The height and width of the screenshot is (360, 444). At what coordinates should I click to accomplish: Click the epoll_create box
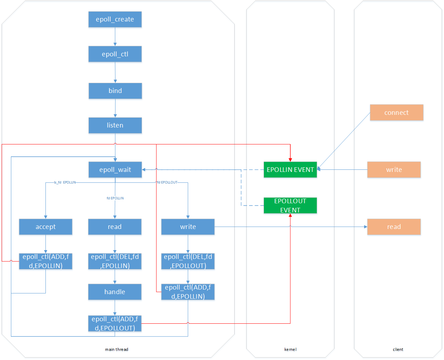(115, 19)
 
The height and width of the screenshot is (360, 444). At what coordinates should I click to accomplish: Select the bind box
(115, 91)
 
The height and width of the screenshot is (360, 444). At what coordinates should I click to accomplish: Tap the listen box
(115, 125)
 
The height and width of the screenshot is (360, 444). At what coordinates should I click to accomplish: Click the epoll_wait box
(115, 169)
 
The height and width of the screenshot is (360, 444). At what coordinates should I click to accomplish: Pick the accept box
(46, 226)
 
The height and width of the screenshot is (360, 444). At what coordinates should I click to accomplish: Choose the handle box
(115, 292)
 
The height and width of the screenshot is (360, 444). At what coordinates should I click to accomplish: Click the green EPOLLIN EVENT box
(290, 169)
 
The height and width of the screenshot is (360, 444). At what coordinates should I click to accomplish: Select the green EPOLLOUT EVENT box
(290, 205)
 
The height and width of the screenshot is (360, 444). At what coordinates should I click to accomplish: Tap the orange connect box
(396, 112)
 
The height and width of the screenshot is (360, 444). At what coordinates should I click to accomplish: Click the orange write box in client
(394, 169)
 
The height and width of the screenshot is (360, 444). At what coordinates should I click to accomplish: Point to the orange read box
(394, 226)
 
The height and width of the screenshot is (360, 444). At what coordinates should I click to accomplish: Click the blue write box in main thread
(188, 226)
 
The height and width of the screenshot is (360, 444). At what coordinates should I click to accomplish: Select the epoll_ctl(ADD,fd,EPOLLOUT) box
(115, 323)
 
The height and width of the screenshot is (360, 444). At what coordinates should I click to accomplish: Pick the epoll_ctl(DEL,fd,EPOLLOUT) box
(188, 261)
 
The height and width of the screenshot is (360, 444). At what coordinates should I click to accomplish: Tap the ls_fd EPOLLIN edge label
(65, 182)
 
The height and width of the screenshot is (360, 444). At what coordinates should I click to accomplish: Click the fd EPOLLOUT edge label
(167, 182)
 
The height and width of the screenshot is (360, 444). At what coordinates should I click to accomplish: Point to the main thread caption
(117, 349)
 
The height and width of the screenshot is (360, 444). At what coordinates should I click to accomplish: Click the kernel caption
(290, 349)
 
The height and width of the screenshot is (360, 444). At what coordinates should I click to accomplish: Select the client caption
(398, 349)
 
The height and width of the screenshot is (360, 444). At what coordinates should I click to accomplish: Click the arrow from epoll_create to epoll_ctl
(115, 37)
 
